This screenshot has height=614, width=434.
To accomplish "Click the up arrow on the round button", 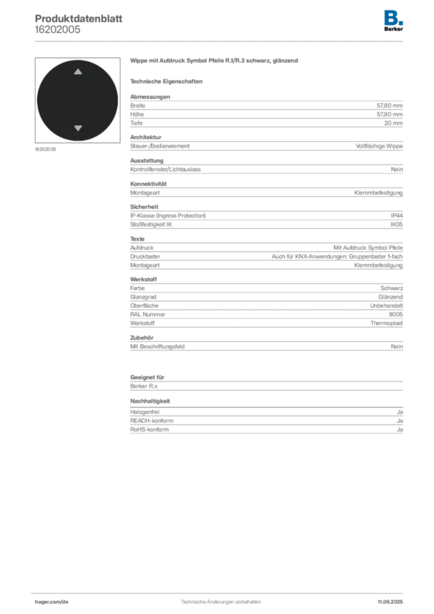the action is coord(78,72).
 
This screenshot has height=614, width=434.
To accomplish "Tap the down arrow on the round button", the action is coord(78,128).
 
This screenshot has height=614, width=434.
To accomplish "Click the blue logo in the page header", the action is coord(394,17).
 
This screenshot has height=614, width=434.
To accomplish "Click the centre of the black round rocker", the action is coord(77,100).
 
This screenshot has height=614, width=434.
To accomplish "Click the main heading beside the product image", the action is coord(215,62).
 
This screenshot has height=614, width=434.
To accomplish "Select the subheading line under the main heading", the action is coord(168,81).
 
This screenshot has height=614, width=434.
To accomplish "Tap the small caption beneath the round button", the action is coord(46,149).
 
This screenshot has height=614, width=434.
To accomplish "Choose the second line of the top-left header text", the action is coord(57,27).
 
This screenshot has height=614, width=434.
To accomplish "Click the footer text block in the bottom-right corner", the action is coord(393,598).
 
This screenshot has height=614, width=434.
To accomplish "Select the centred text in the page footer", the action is coord(219,598).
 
